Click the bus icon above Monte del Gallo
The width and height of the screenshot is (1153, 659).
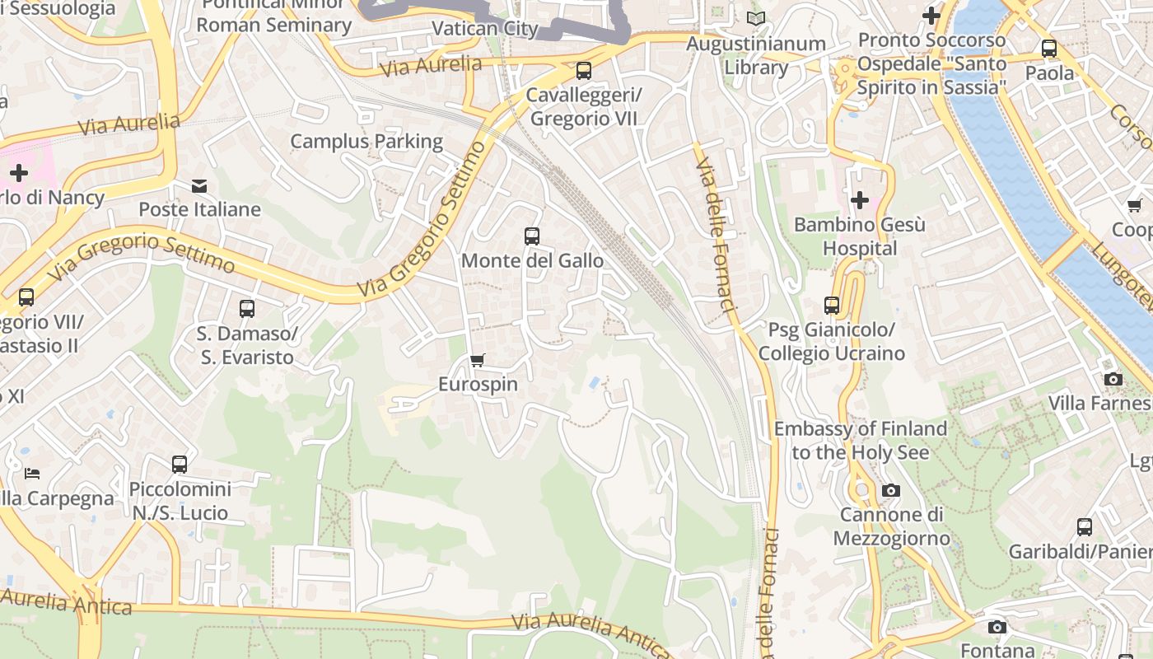coord(532,236)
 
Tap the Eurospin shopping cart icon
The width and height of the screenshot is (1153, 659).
coord(477,360)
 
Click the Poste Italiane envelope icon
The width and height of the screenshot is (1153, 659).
coord(199,185)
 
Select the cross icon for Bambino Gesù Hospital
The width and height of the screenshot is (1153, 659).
coord(860,200)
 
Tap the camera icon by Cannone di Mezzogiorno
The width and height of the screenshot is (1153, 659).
coord(890,491)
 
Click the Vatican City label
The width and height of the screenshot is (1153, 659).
coord(485,29)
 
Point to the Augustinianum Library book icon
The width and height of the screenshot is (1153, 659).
coord(755,18)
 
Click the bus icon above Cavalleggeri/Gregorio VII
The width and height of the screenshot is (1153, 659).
coord(584,71)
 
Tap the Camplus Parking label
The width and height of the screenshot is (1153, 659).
coord(366,141)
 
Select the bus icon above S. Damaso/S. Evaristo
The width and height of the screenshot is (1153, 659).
coord(246,309)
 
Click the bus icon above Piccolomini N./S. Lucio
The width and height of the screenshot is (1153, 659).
coord(180,465)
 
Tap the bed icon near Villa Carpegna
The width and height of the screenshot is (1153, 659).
coord(31,473)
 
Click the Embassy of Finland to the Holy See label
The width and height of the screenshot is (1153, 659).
coord(861,440)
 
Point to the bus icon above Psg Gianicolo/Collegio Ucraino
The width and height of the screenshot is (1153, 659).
coord(832,306)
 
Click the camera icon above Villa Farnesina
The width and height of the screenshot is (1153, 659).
coord(1113,379)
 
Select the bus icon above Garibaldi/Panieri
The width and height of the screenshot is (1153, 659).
coord(1085,527)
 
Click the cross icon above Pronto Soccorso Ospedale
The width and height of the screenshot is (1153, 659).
coord(931,16)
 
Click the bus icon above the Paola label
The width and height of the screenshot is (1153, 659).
coord(1049,49)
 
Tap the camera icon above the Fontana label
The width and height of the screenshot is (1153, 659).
coord(997,628)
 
